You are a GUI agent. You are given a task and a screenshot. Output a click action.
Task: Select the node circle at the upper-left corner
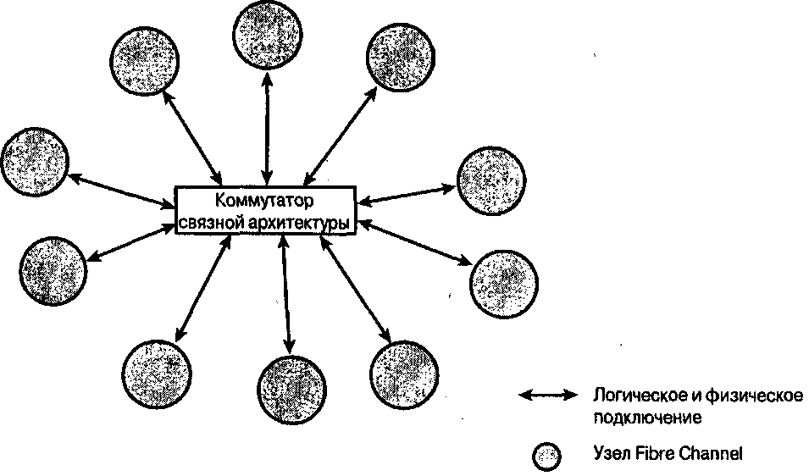(x=143, y=59)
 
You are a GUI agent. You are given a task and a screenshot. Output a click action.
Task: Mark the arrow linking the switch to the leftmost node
(x=119, y=191)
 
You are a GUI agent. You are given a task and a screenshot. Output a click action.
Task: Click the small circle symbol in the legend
(x=546, y=455)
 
